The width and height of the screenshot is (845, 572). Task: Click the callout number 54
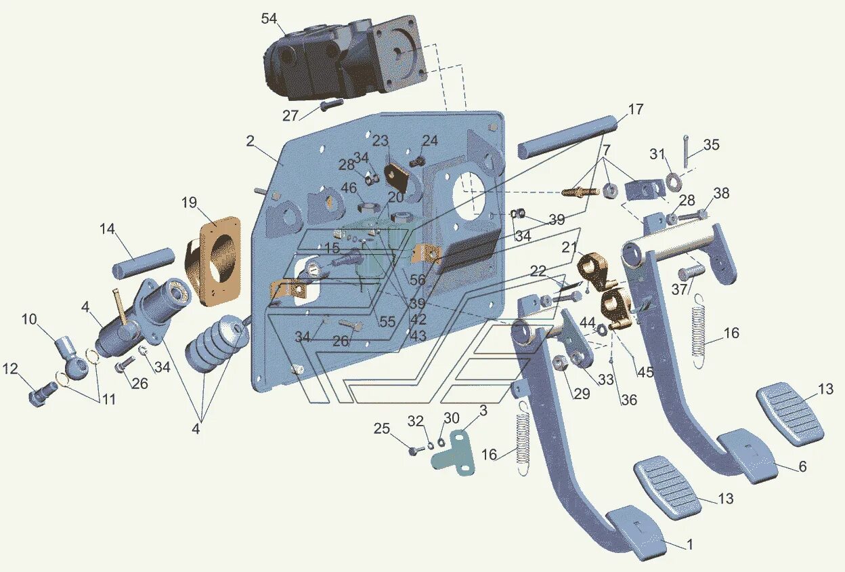[269, 19]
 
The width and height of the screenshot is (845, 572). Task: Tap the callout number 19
[189, 203]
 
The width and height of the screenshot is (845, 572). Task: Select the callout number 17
[635, 109]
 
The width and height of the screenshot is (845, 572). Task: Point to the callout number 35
[711, 145]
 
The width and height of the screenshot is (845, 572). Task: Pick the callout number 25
[383, 428]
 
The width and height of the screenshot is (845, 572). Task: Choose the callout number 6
[802, 467]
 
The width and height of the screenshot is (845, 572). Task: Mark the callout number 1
[689, 544]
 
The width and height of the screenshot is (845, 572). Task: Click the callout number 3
[483, 411]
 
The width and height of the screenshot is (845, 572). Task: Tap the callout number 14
[108, 228]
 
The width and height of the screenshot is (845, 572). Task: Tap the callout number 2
[250, 141]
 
